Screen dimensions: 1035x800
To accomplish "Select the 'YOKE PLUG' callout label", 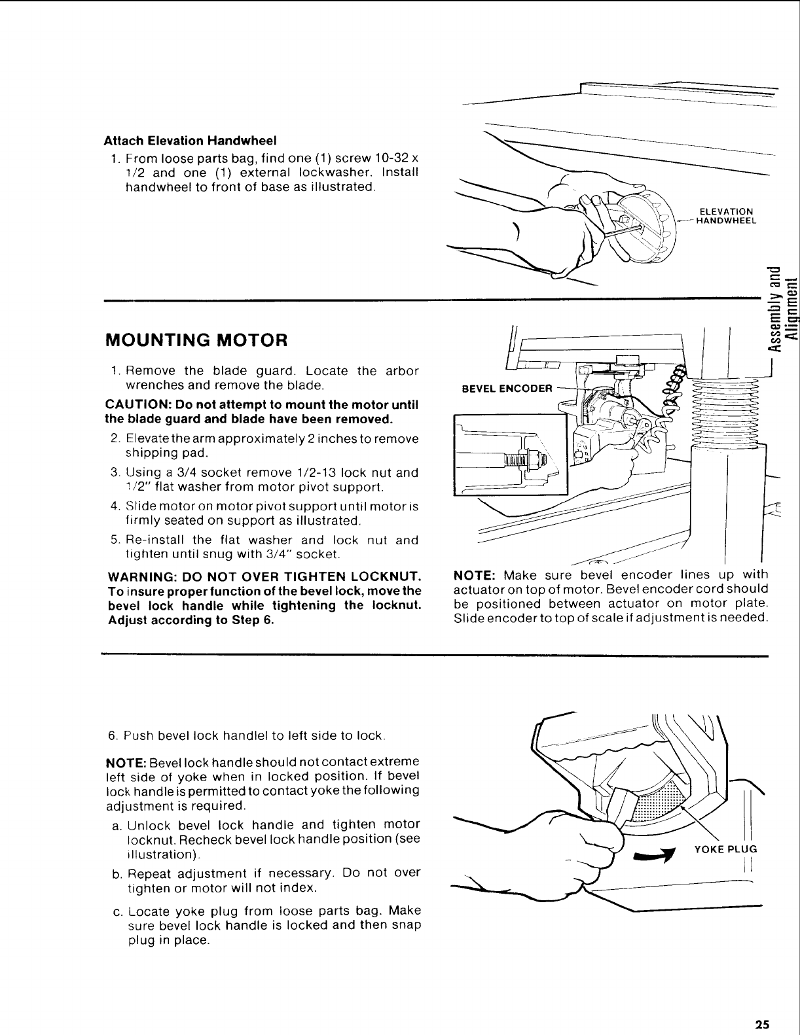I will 725,849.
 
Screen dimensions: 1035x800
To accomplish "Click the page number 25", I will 761,1024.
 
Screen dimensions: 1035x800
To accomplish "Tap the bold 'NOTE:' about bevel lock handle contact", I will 126,762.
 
